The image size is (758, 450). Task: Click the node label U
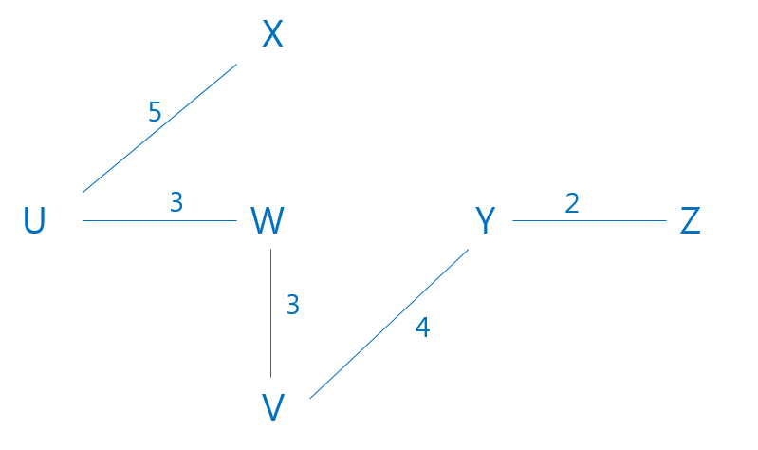34,221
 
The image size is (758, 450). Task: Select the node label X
272,36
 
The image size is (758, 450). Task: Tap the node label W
268,221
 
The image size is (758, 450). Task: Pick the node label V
273,407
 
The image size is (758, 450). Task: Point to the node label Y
485,221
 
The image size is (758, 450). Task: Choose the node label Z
690,221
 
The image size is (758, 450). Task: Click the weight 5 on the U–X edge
155,112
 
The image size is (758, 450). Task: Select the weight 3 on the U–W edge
176,201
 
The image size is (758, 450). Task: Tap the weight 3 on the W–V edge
292,305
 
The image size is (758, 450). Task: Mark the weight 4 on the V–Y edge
422,328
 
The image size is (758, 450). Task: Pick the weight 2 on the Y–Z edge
571,202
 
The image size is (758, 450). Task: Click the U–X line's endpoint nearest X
236,65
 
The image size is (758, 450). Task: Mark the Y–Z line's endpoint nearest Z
667,220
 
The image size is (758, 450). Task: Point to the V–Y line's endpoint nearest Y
470,249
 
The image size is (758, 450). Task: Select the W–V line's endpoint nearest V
271,378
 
